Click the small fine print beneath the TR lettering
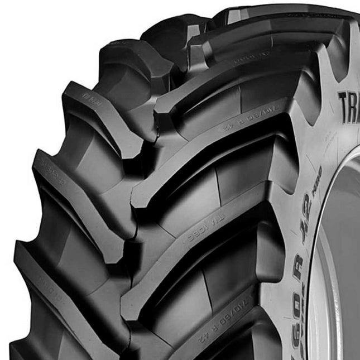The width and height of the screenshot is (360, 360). click(346, 134)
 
